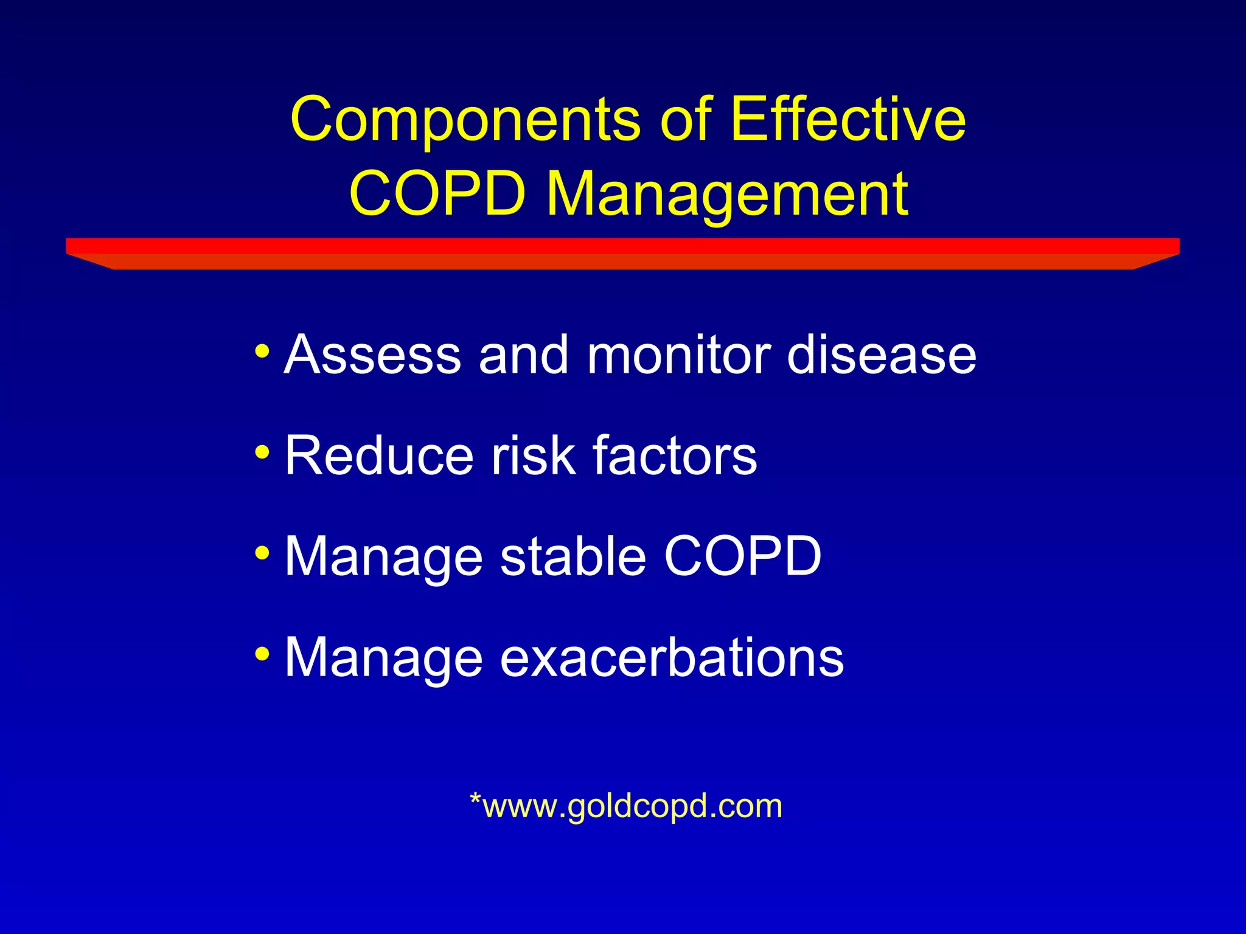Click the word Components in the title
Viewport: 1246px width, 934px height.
pyautogui.click(x=465, y=120)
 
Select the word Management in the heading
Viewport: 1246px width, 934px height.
pyautogui.click(x=728, y=195)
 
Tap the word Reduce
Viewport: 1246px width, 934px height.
pyautogui.click(x=378, y=455)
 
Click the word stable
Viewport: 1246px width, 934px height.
pyautogui.click(x=573, y=556)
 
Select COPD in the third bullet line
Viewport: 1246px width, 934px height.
pyautogui.click(x=743, y=556)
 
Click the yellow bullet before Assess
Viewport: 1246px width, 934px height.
pyautogui.click(x=262, y=351)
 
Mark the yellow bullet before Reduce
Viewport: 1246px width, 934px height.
pyautogui.click(x=262, y=452)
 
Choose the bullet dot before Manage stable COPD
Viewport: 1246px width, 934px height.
pyautogui.click(x=262, y=553)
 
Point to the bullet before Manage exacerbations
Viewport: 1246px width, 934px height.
pyautogui.click(x=262, y=654)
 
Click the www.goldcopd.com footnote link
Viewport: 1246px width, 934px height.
pyautogui.click(x=626, y=806)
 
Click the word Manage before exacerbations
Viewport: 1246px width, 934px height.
pyautogui.click(x=384, y=658)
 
